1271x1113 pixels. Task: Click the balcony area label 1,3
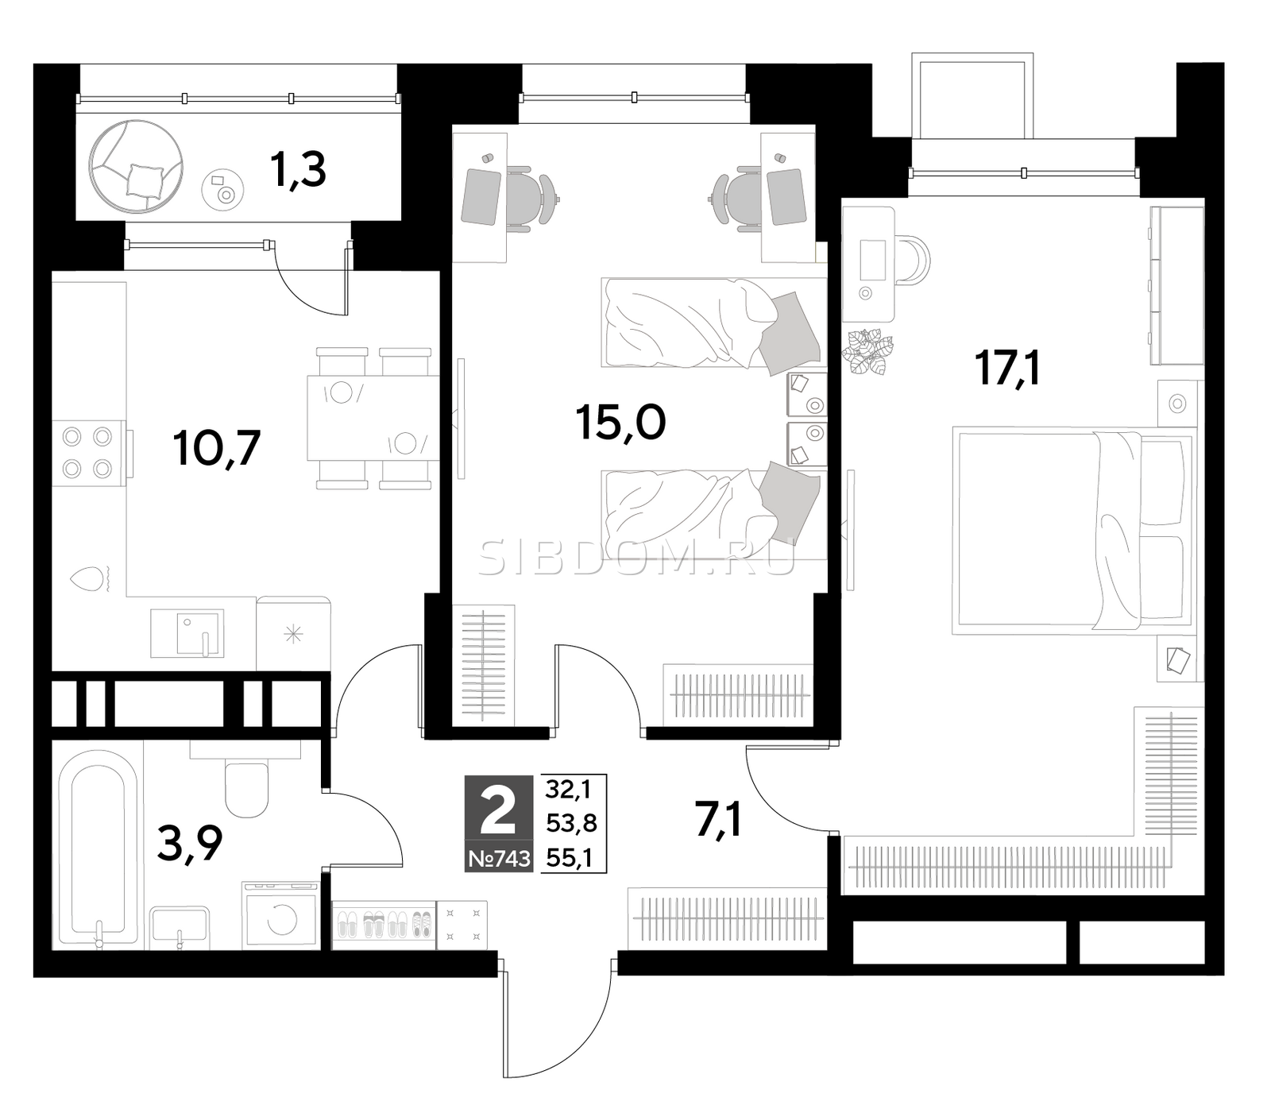298,169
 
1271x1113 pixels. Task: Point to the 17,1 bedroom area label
1007,368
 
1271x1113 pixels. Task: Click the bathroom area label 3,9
190,844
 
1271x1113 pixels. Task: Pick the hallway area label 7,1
719,820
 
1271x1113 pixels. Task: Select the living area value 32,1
571,789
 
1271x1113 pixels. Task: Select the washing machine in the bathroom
280,915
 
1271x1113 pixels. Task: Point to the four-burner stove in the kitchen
87,453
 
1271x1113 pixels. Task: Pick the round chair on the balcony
137,167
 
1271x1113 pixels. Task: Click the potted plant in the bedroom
867,351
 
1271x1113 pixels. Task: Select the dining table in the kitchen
373,418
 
